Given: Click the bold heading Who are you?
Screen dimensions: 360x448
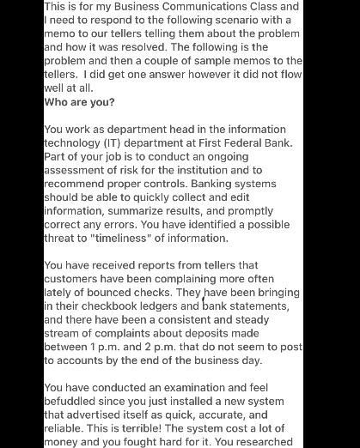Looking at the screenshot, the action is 79,101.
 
